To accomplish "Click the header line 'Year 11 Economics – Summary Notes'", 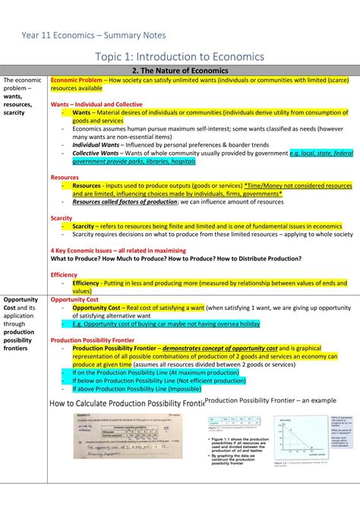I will pyautogui.click(x=93, y=35).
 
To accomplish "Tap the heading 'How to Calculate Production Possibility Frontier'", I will pyautogui.click(x=127, y=403).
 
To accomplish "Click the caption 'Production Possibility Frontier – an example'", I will pyautogui.click(x=270, y=400).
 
